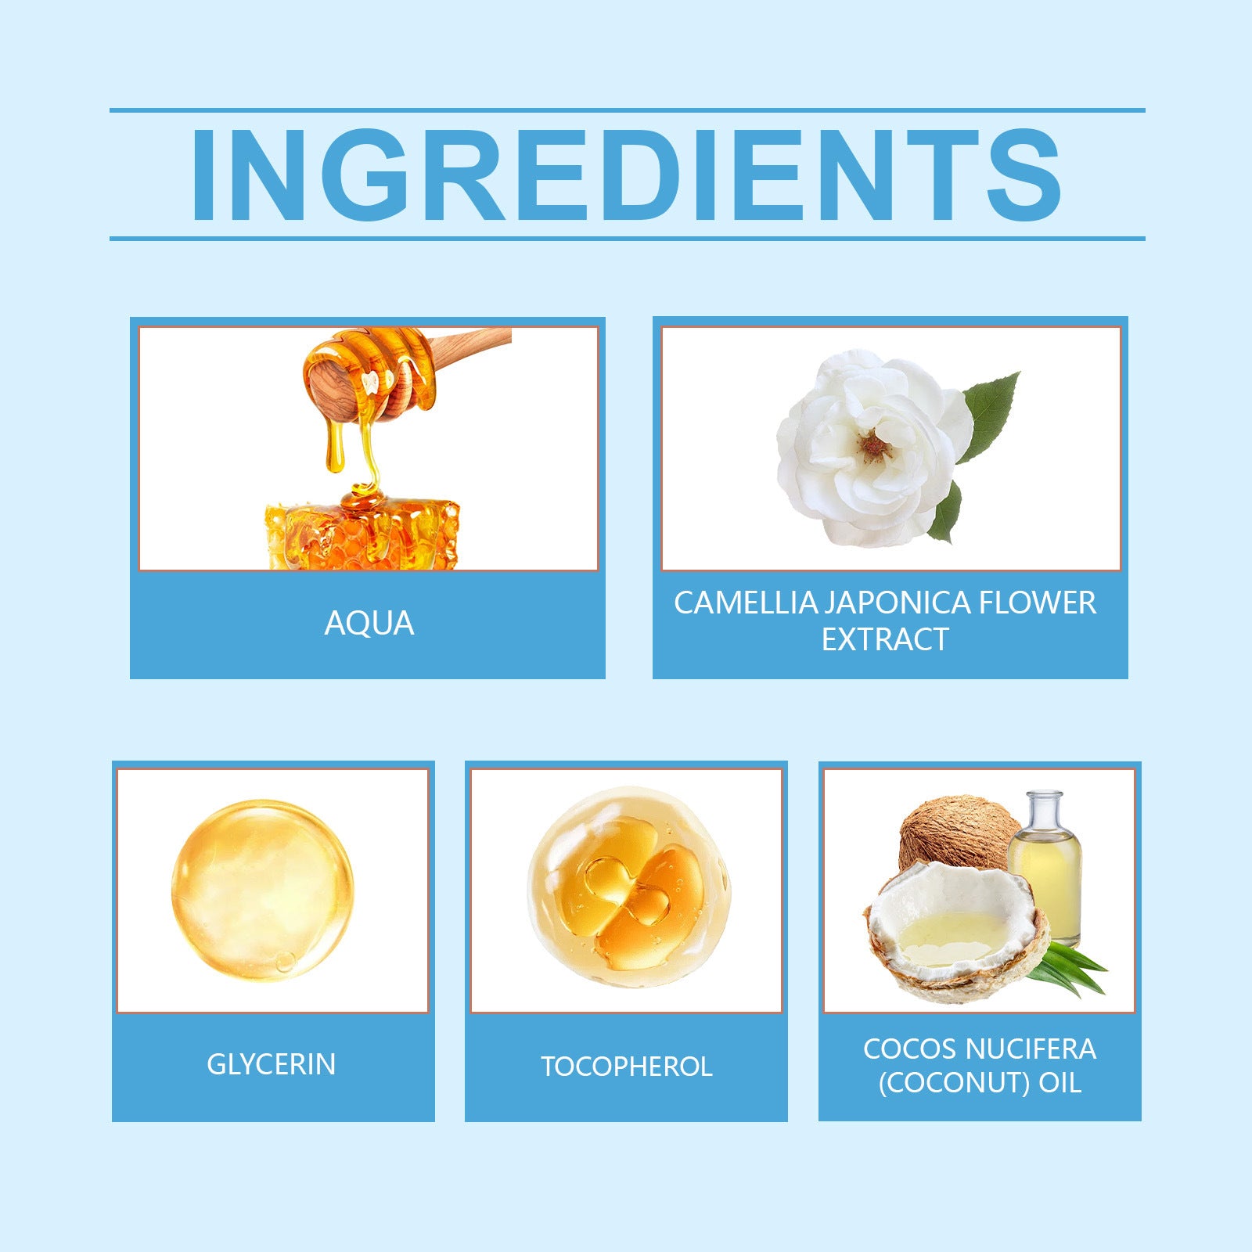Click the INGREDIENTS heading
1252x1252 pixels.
[x=626, y=174]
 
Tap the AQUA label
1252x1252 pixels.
[x=369, y=624]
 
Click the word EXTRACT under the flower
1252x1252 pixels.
[x=884, y=640]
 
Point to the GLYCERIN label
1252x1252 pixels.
[x=272, y=1064]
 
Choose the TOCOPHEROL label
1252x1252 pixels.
[x=626, y=1067]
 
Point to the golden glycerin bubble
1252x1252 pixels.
[x=262, y=890]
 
